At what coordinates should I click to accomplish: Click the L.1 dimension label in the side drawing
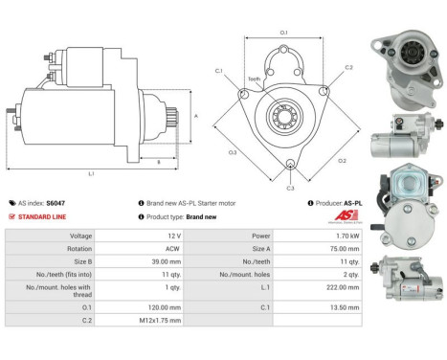(x=91, y=172)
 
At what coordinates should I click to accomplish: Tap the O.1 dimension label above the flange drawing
(x=283, y=34)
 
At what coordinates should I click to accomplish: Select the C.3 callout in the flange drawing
(x=291, y=187)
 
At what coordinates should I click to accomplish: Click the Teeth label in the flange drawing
(x=254, y=79)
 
